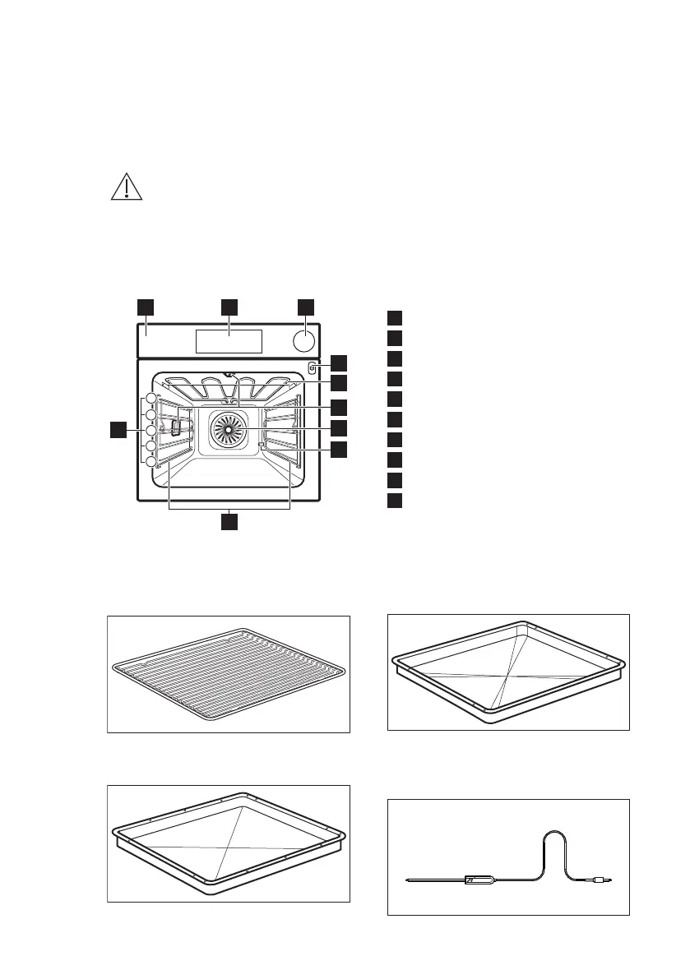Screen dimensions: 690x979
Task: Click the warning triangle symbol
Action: pos(125,187)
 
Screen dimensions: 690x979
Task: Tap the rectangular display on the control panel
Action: pos(229,341)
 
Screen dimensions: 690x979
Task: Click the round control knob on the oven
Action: pos(304,340)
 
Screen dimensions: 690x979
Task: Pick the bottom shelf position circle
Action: pos(151,463)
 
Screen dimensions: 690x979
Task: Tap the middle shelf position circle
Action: pos(151,431)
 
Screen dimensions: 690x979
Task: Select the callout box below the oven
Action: pos(229,520)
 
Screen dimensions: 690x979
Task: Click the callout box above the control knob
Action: pos(305,307)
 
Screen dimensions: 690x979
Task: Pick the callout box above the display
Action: pos(229,307)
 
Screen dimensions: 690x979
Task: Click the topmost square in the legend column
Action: pos(395,317)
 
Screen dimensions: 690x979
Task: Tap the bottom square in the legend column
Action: pos(395,500)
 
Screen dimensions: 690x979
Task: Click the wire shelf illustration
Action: pos(229,674)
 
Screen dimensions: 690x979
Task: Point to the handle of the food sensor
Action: pos(480,880)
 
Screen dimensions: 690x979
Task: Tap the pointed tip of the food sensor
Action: pos(409,881)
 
